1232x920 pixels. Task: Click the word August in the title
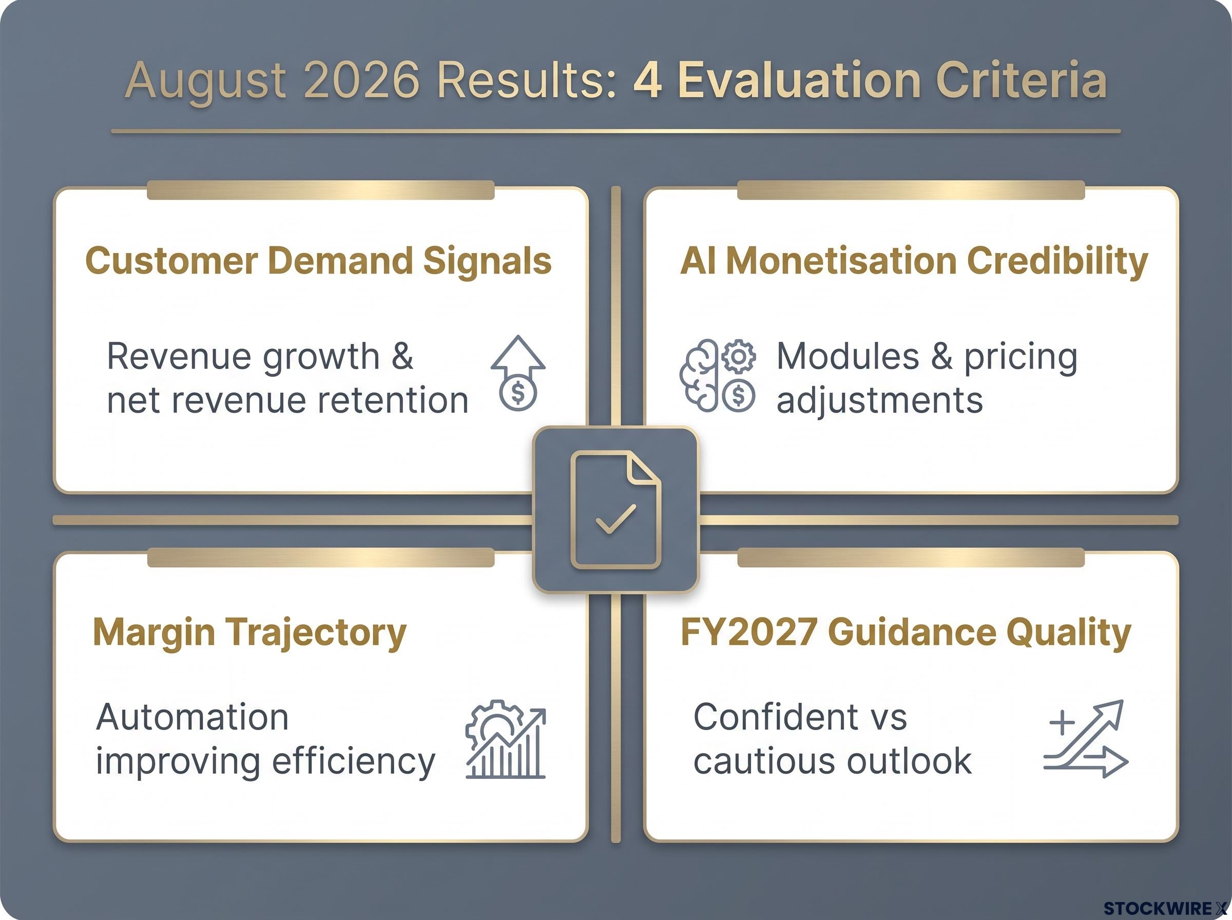point(206,81)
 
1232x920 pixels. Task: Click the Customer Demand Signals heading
point(318,261)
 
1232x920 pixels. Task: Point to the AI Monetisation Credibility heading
point(914,261)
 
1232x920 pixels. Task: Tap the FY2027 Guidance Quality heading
point(906,633)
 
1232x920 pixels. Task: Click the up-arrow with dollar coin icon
point(518,373)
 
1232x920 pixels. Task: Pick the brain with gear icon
point(718,375)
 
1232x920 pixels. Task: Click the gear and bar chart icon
point(506,739)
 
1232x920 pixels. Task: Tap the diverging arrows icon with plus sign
point(1086,738)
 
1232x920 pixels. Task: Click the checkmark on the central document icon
point(615,519)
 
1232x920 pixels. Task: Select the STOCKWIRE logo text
point(1165,908)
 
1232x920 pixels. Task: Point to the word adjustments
point(880,401)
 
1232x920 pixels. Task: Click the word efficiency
point(354,762)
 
